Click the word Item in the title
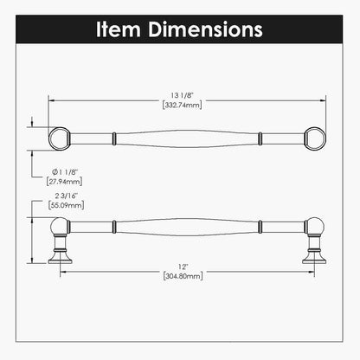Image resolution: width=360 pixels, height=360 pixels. [x=118, y=29]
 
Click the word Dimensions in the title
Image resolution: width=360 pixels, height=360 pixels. [x=205, y=29]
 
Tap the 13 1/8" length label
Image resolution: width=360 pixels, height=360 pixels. [x=182, y=95]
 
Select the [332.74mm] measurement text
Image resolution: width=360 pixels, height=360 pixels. [x=182, y=105]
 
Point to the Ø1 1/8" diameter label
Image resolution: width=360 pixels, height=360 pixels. [x=65, y=172]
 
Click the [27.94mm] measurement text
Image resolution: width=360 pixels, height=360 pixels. [x=64, y=182]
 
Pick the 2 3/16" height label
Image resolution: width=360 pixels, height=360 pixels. [x=67, y=196]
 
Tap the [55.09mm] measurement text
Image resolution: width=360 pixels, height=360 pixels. [x=67, y=205]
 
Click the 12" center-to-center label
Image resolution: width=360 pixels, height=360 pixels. [x=183, y=267]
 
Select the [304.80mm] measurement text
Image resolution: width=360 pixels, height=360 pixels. [x=183, y=276]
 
